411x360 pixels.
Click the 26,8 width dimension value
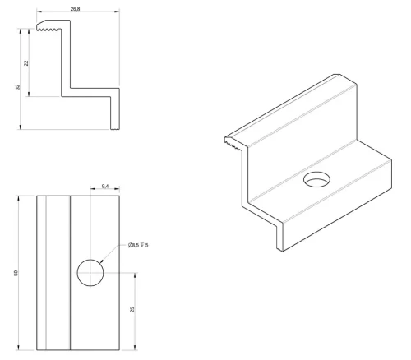(75, 9)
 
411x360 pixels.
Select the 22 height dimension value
(26, 63)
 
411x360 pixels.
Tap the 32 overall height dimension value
(18, 87)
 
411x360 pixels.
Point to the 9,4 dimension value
(105, 187)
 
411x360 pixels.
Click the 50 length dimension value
(16, 273)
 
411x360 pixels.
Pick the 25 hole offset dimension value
(132, 309)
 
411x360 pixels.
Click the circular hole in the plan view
(90, 273)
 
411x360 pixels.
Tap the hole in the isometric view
(316, 180)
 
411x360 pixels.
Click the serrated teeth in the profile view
(49, 29)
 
